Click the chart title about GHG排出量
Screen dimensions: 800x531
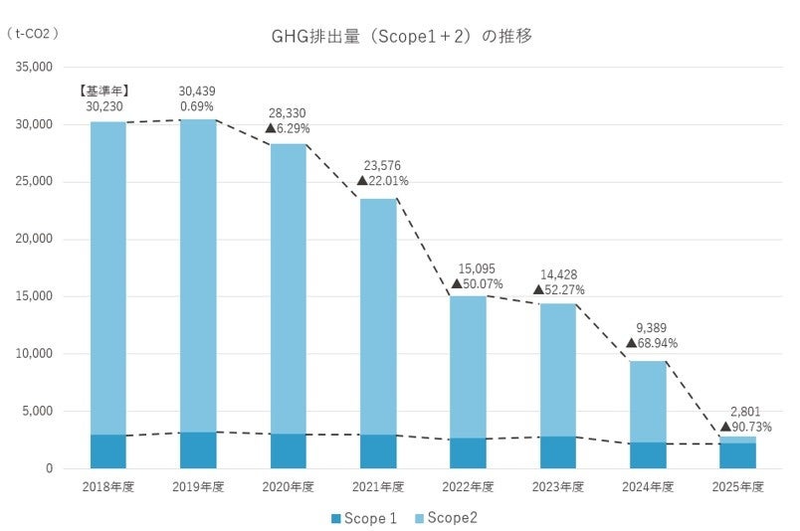pyautogui.click(x=402, y=36)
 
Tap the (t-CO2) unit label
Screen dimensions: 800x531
pyautogui.click(x=33, y=34)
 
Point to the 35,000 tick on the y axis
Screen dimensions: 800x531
pyautogui.click(x=34, y=67)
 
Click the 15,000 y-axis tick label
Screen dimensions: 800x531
pyautogui.click(x=34, y=296)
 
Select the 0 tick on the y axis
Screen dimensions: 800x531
pyautogui.click(x=49, y=468)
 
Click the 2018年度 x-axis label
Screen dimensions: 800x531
pyautogui.click(x=108, y=486)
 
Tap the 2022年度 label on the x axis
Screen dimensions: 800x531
pyautogui.click(x=468, y=486)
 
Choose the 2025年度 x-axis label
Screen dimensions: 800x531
pyautogui.click(x=737, y=486)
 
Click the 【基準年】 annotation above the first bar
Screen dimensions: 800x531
pyautogui.click(x=104, y=91)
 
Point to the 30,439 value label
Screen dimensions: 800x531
pyautogui.click(x=197, y=91)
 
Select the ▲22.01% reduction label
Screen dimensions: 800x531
pyautogui.click(x=383, y=181)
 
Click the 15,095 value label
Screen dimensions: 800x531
pyautogui.click(x=477, y=268)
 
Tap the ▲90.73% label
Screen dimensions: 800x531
pyautogui.click(x=745, y=427)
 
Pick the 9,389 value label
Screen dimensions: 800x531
pyautogui.click(x=651, y=328)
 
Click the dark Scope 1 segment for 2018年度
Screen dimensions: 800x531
pyautogui.click(x=108, y=451)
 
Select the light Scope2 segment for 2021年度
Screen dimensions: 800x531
pyautogui.click(x=378, y=317)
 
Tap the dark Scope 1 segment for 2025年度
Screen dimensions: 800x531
pyautogui.click(x=737, y=455)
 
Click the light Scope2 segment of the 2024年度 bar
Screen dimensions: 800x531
pyautogui.click(x=648, y=402)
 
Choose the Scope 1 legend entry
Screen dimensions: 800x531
pyautogui.click(x=364, y=518)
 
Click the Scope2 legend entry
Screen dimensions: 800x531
pyautogui.click(x=447, y=518)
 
